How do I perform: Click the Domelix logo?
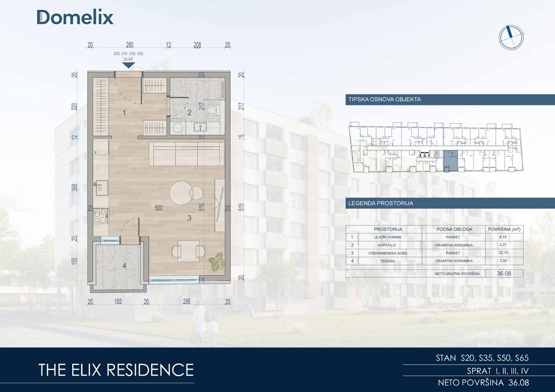[75, 17]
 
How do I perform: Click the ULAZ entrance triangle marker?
[128, 65]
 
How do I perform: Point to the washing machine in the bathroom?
[178, 127]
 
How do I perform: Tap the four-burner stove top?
[101, 216]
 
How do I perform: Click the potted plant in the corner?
[217, 262]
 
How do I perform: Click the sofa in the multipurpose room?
[186, 154]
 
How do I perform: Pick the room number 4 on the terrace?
[124, 266]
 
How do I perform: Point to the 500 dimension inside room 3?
[159, 208]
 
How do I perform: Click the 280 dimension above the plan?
[130, 45]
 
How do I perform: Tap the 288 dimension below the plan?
[186, 301]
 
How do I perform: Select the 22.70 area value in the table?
[503, 253]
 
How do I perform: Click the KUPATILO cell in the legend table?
[387, 245]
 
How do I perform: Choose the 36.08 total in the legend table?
[504, 273]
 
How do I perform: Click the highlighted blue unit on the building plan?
[450, 161]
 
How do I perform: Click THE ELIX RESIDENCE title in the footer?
[116, 370]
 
